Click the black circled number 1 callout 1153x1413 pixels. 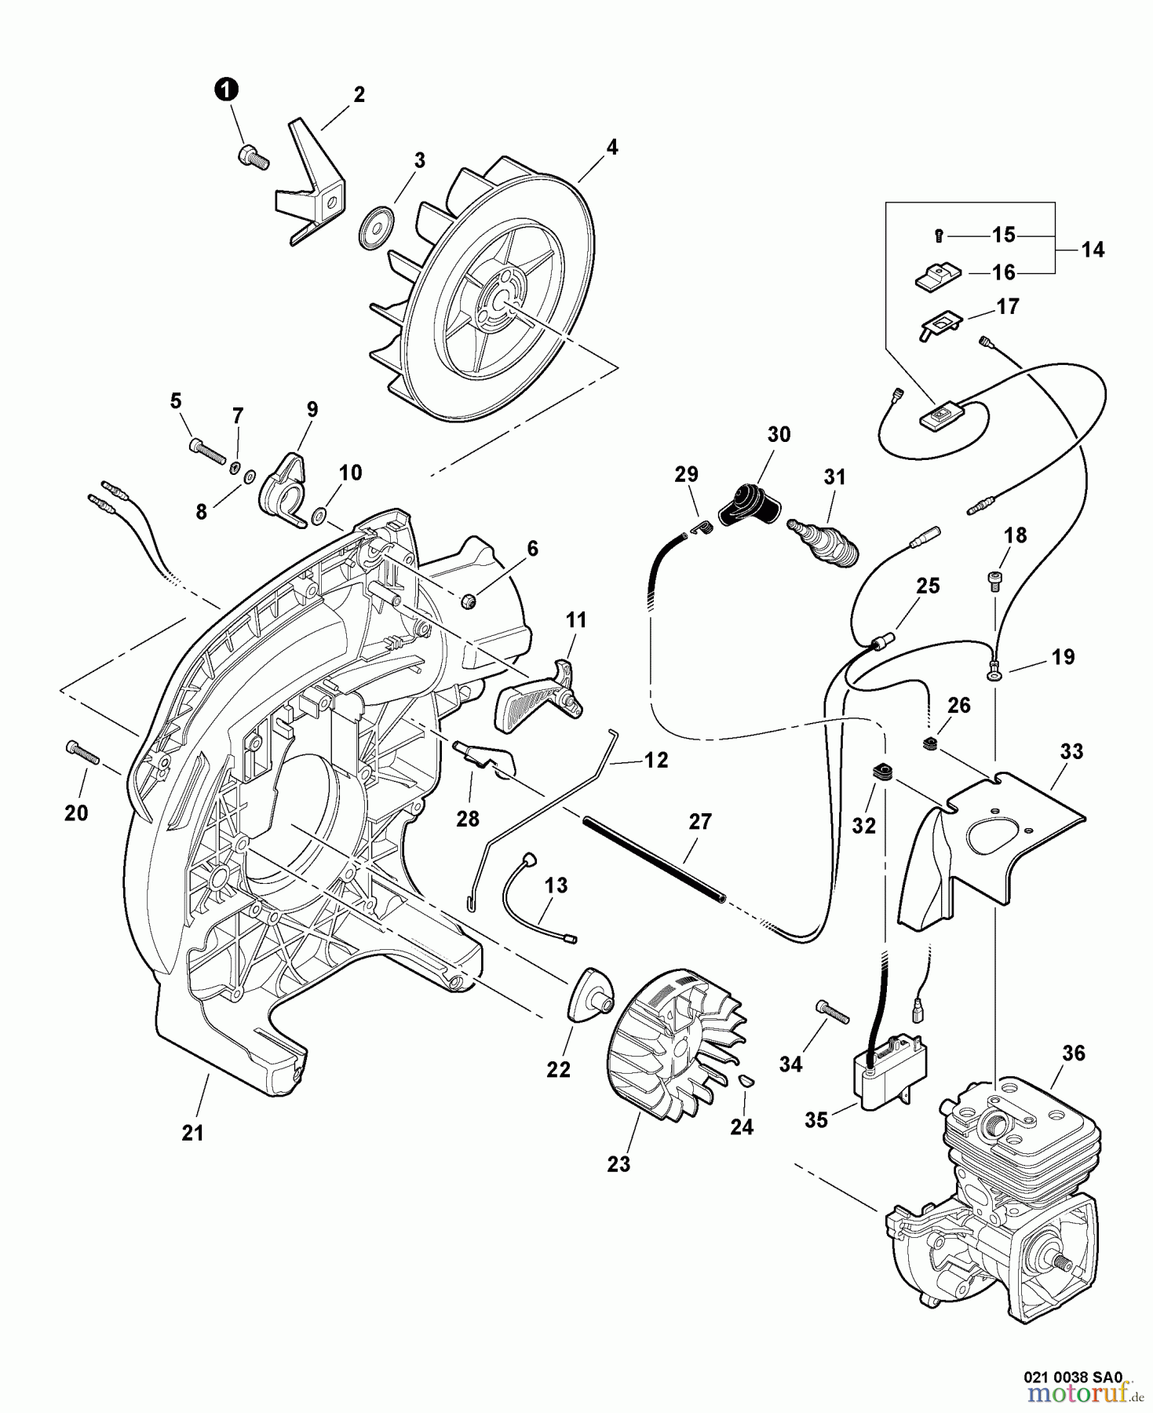(226, 91)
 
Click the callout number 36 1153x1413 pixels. (1073, 1053)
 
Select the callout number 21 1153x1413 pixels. (192, 1133)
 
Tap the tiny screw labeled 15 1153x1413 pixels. (940, 234)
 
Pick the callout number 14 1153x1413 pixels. (1092, 250)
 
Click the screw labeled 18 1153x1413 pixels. (993, 581)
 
